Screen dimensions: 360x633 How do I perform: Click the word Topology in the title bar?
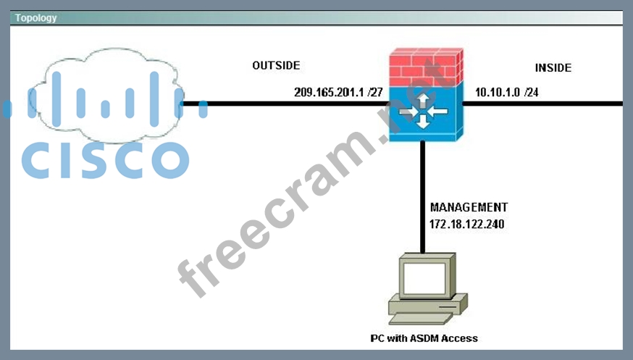click(x=36, y=18)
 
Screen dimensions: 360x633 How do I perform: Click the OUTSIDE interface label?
click(x=276, y=66)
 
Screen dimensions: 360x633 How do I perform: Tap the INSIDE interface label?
click(x=553, y=68)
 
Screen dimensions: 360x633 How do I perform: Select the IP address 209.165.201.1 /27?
click(x=338, y=93)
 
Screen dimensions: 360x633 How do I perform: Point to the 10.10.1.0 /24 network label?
click(x=506, y=93)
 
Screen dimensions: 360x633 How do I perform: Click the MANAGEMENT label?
click(x=469, y=207)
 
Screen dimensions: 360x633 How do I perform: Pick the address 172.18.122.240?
click(x=467, y=225)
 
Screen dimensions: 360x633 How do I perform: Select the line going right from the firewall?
click(x=543, y=104)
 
